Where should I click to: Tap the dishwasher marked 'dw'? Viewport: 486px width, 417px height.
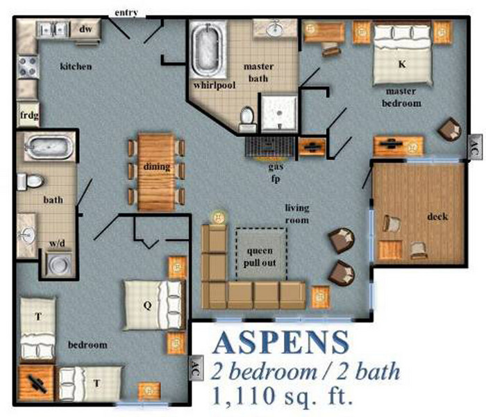(86, 29)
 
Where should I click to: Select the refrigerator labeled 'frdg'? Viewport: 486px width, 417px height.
(27, 113)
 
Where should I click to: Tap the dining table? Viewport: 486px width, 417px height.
(156, 172)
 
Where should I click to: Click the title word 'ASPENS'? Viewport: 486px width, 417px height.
(281, 343)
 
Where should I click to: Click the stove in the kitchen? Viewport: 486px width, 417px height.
(28, 66)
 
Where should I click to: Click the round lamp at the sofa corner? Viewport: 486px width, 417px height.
(219, 218)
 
